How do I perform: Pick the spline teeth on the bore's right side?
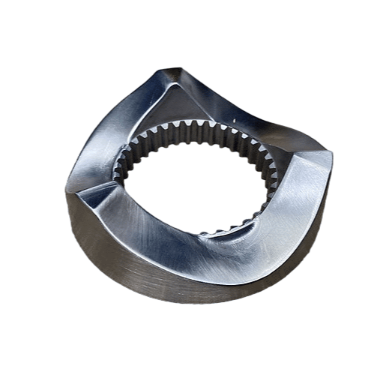coord(264,169)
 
